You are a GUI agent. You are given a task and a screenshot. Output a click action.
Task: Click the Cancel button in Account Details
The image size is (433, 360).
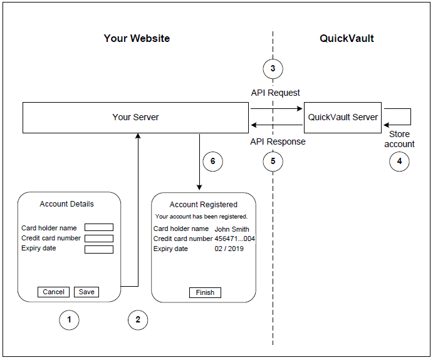click(53, 292)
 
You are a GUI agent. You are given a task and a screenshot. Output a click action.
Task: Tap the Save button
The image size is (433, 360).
click(86, 292)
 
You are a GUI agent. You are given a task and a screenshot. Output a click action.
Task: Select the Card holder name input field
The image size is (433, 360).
click(99, 228)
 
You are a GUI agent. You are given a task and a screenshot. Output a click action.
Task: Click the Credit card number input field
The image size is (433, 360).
click(99, 239)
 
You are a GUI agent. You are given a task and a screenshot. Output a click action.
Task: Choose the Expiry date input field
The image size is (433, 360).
click(99, 249)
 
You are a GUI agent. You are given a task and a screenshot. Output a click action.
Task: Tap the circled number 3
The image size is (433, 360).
click(273, 68)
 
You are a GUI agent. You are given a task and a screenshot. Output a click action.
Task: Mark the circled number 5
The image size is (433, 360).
click(273, 162)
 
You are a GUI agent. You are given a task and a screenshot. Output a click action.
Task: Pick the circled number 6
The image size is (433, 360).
click(212, 162)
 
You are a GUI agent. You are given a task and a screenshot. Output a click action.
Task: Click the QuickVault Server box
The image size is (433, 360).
click(343, 117)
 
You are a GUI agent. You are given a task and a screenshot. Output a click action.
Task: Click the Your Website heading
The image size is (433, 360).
click(137, 38)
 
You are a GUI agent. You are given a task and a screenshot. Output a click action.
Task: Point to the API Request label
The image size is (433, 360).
click(276, 93)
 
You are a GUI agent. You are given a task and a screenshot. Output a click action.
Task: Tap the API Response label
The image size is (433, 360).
click(278, 141)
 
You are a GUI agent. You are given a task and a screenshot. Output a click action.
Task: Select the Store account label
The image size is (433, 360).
click(399, 139)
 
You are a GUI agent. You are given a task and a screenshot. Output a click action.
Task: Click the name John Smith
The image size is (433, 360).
click(232, 229)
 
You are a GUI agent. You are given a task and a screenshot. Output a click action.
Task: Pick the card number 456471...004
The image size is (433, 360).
click(234, 239)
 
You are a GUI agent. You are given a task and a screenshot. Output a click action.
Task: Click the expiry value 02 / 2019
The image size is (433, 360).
click(229, 249)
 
